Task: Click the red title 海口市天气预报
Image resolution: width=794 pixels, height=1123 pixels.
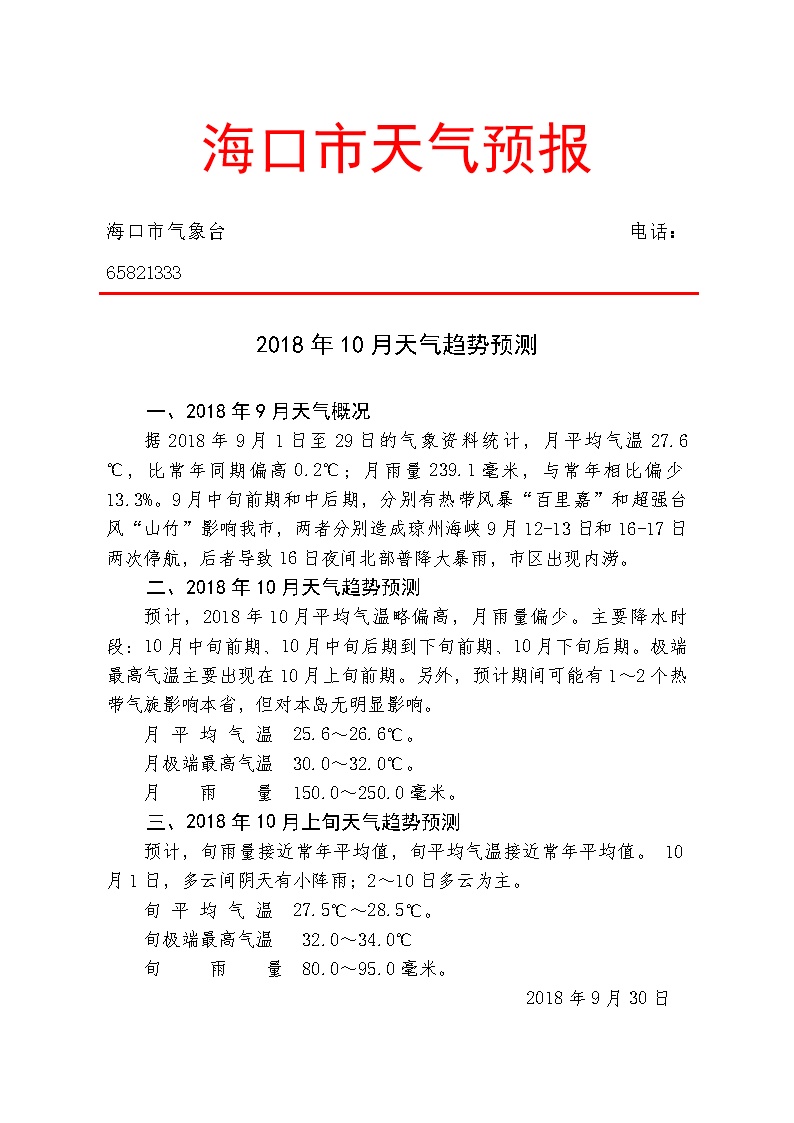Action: click(397, 149)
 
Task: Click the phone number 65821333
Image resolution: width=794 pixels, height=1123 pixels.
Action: click(144, 273)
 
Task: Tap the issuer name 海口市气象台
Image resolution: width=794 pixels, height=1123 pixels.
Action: click(165, 233)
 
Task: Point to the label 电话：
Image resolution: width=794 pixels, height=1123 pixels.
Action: click(654, 233)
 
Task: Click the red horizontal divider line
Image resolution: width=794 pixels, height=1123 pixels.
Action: click(397, 293)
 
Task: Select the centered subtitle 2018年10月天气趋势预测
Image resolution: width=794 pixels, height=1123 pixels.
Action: click(397, 346)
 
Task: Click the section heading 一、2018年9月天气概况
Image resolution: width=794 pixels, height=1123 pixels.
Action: click(258, 411)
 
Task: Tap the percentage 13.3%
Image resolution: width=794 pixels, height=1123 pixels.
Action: click(135, 498)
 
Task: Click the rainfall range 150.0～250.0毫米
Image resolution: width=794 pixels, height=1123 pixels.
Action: click(375, 793)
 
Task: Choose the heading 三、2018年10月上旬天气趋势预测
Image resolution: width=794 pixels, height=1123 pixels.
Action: click(303, 823)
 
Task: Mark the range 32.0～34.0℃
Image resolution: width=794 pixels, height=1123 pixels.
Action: click(357, 940)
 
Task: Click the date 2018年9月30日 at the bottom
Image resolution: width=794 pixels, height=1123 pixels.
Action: click(596, 998)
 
